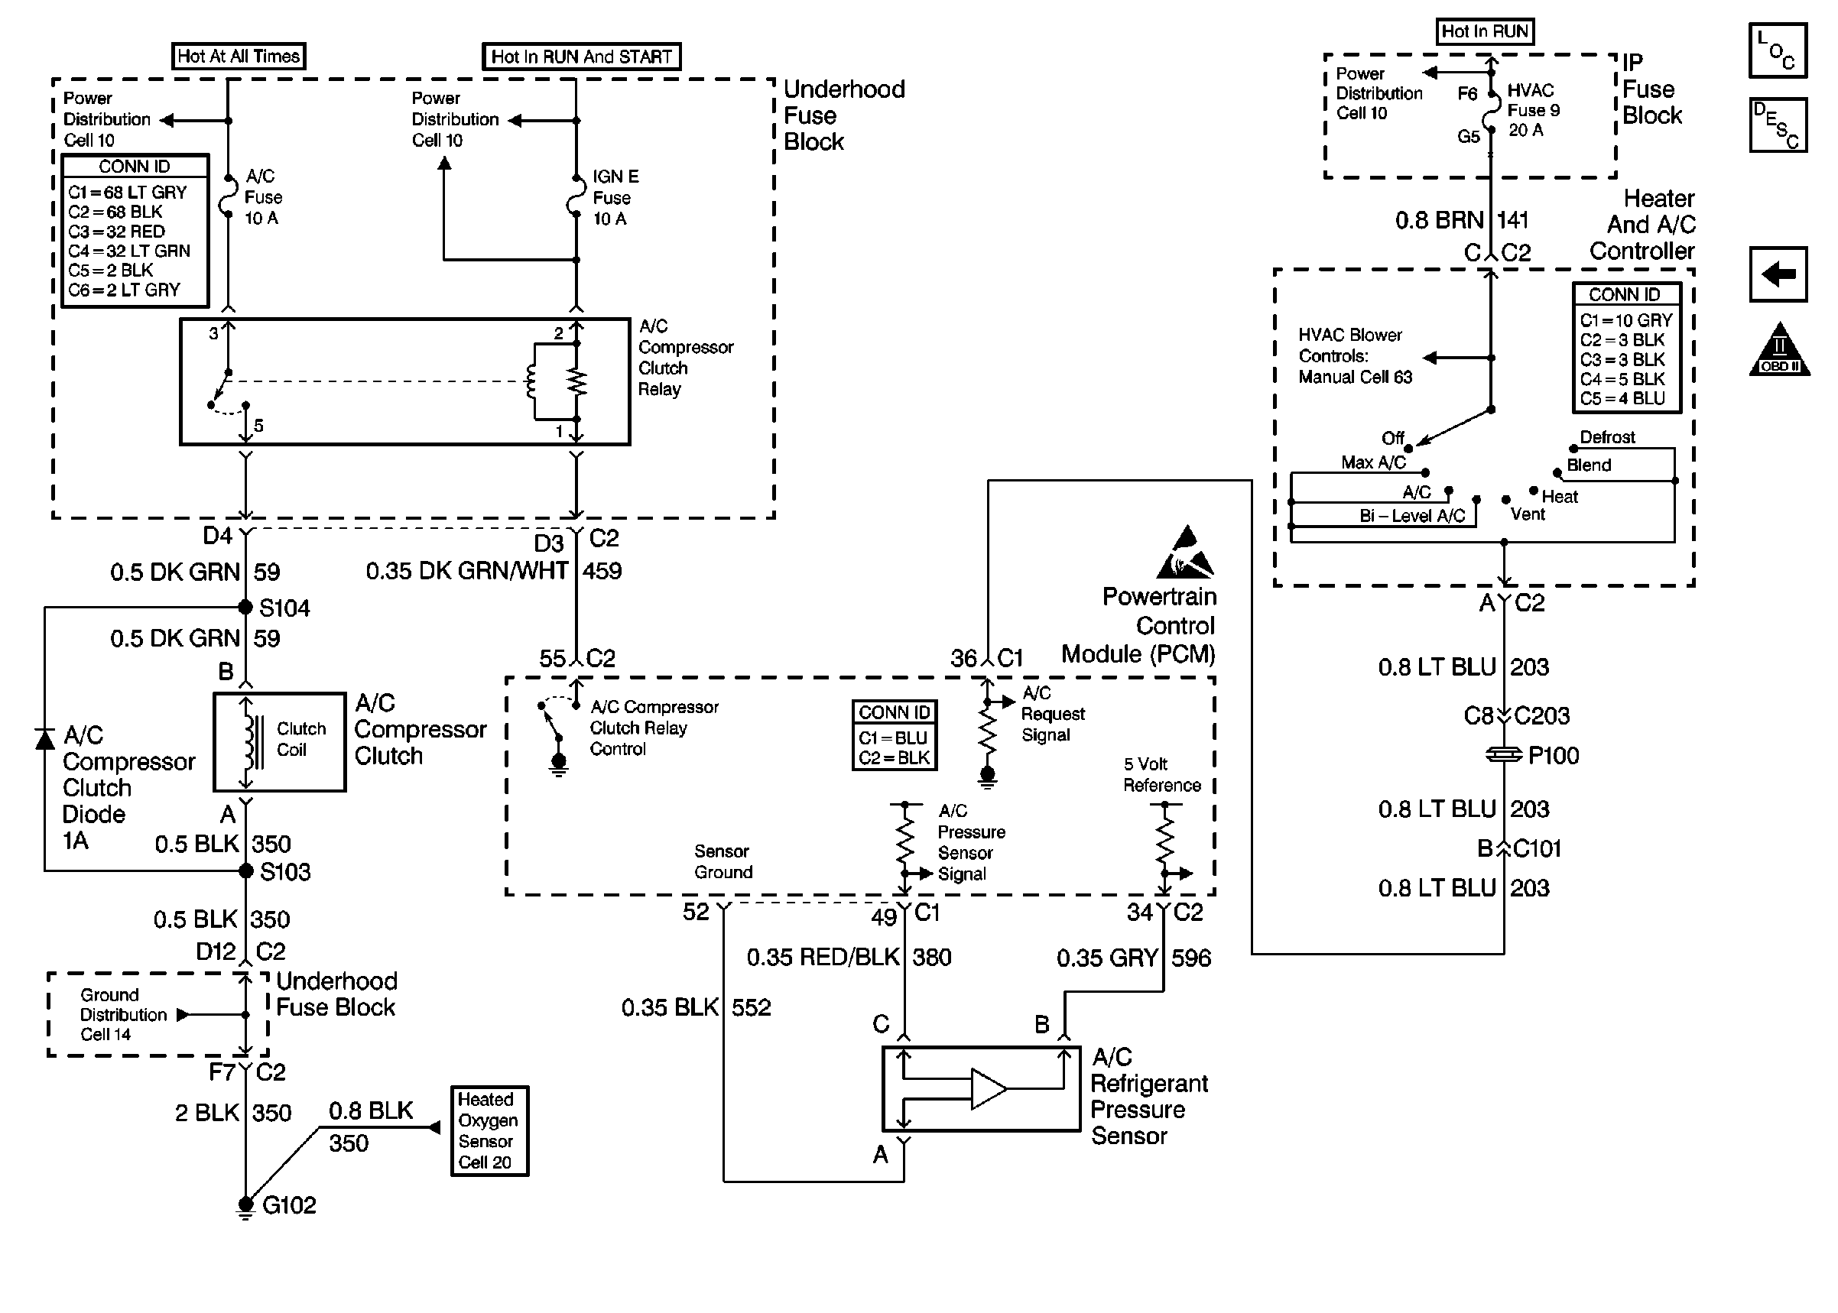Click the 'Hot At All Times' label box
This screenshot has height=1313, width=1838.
(239, 56)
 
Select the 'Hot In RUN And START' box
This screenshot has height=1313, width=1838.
(581, 57)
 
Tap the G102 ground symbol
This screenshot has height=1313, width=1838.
(246, 1206)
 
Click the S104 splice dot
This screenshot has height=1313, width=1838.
(246, 607)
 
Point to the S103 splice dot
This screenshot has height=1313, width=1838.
(246, 870)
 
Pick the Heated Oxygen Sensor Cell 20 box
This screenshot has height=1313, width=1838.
(489, 1130)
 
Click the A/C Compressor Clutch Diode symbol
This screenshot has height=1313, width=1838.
(45, 738)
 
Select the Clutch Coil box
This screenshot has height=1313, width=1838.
(279, 741)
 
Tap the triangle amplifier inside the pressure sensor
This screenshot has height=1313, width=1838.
(988, 1088)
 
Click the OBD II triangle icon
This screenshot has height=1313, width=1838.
(1779, 351)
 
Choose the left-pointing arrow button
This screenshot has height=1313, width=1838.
(1778, 274)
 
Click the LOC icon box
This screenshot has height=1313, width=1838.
(1778, 50)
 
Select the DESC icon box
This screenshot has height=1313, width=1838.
(1778, 125)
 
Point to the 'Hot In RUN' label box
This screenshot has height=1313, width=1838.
(1485, 31)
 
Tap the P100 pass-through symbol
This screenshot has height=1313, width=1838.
(1504, 754)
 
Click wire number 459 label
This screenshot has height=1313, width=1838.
(602, 572)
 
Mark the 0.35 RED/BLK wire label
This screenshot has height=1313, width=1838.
(823, 958)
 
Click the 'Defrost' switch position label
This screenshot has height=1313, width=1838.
(1607, 437)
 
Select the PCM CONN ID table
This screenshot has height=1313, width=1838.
(895, 735)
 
